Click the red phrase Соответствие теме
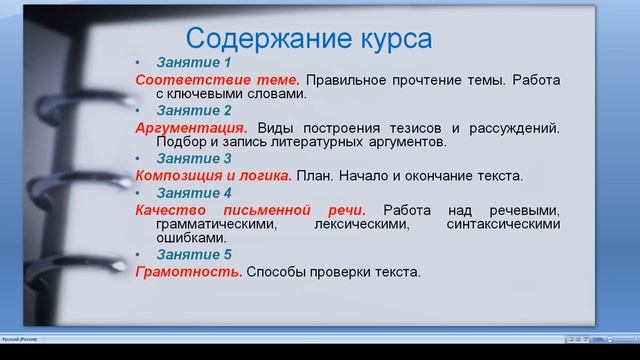pyautogui.click(x=217, y=79)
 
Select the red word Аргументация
pyautogui.click(x=192, y=128)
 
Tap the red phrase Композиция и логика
pyautogui.click(x=213, y=176)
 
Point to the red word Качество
pyautogui.click(x=170, y=210)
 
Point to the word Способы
pyautogui.click(x=275, y=272)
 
